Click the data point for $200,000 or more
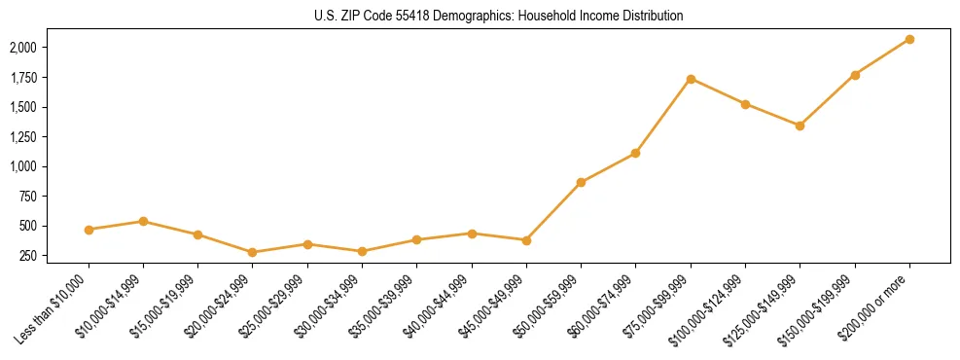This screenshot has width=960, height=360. click(909, 39)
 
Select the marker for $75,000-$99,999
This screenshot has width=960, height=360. click(691, 79)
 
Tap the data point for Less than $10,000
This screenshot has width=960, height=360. click(89, 230)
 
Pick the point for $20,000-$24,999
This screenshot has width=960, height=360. click(253, 252)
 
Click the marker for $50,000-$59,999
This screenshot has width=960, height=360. click(581, 182)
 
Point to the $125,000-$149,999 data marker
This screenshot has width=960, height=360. click(800, 126)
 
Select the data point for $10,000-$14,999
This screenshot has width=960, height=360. click(143, 221)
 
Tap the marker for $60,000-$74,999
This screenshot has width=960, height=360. click(635, 153)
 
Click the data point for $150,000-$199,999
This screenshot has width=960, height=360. click(855, 75)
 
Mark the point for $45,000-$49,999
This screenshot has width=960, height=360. click(526, 240)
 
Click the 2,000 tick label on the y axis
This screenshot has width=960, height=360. click(23, 48)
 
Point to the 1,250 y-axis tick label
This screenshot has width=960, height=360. click(23, 137)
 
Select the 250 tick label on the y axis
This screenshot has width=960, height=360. click(29, 256)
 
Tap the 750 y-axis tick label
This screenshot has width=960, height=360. click(29, 197)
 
